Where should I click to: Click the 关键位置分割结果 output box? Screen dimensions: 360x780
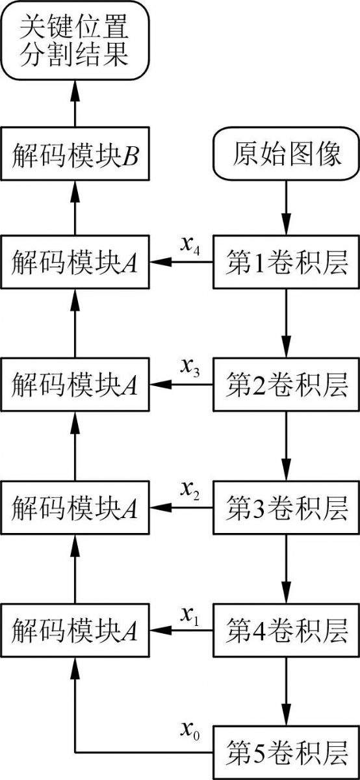pos(75,41)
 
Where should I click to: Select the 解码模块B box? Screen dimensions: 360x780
pos(75,153)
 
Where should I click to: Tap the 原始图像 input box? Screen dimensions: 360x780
pos(286,154)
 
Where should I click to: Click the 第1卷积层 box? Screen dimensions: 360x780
pos(286,262)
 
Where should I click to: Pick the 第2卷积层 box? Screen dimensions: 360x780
pos(286,384)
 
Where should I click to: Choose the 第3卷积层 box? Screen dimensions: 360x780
pos(286,508)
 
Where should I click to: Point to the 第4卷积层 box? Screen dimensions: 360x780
pos(286,630)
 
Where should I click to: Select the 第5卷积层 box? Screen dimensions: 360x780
pos(286,753)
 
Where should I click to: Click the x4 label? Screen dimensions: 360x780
pos(190,246)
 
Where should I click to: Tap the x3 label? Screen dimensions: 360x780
pos(190,369)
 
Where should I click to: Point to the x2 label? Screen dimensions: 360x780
pos(190,491)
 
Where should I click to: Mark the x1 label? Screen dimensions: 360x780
pos(190,614)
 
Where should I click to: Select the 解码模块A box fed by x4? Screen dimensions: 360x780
pos(75,262)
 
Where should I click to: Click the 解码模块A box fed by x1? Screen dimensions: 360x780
pos(75,630)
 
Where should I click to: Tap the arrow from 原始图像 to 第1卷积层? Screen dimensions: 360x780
pos(286,208)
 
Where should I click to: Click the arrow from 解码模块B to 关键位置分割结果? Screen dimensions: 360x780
pos(75,103)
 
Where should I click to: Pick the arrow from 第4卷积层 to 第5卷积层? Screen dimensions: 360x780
pos(286,692)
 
